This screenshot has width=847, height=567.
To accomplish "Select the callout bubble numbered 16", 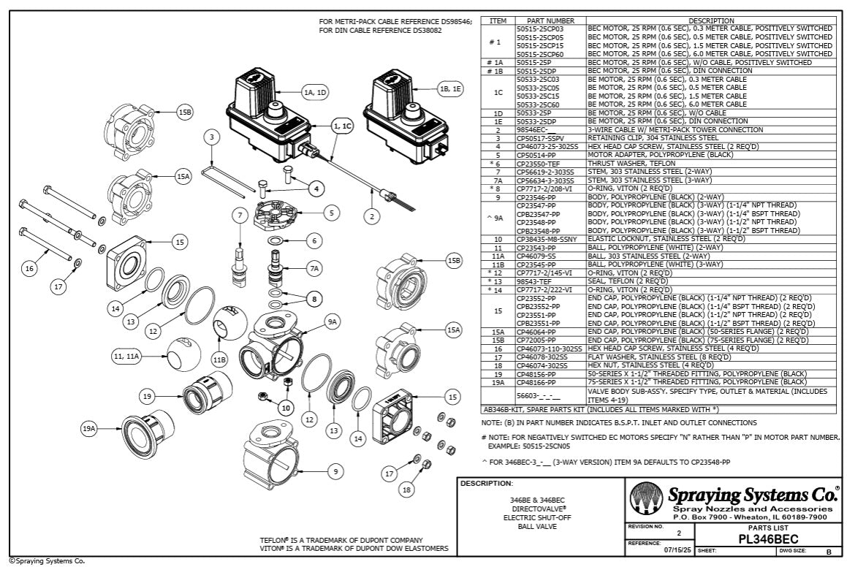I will click(29, 269).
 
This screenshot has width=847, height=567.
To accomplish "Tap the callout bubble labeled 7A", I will click(314, 269).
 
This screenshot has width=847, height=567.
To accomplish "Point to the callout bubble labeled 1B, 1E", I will click(450, 88).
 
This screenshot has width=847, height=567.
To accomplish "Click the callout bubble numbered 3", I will click(211, 137).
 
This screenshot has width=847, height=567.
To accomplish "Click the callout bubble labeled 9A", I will click(334, 321).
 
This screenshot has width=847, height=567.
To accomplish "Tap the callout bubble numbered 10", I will click(286, 407).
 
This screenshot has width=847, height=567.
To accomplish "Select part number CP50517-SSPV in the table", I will click(541, 137).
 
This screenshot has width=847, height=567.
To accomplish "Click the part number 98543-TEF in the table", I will click(533, 281).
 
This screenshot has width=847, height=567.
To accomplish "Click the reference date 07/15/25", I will click(675, 550).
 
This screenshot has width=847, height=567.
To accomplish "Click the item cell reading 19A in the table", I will click(497, 381).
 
